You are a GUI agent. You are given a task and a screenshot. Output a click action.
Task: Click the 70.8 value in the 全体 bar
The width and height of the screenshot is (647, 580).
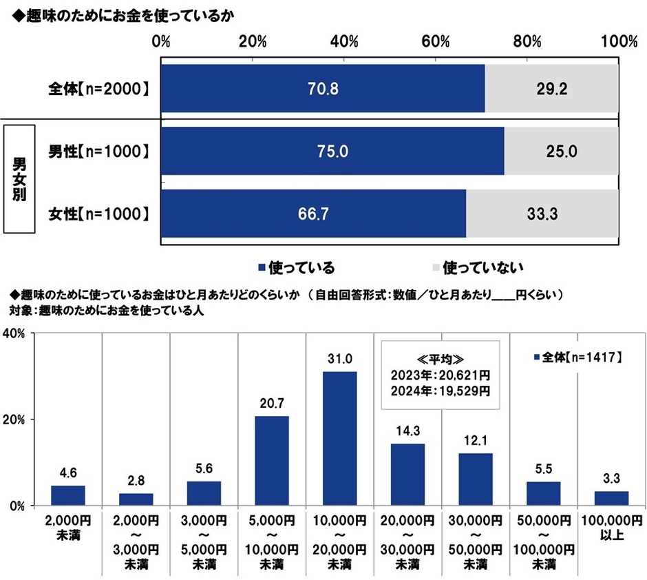point(324,88)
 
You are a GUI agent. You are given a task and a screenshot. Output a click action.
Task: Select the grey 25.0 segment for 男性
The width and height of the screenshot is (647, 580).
point(561,151)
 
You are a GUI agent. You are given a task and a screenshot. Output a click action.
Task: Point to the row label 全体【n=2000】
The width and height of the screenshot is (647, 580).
point(98,88)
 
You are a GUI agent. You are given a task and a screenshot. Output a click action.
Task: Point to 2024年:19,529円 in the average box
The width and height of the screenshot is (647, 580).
point(440,391)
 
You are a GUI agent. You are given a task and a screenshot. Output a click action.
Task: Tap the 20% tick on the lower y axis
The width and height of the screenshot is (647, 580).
point(17,420)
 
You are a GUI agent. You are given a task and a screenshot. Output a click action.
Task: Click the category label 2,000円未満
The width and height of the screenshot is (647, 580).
point(67,526)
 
